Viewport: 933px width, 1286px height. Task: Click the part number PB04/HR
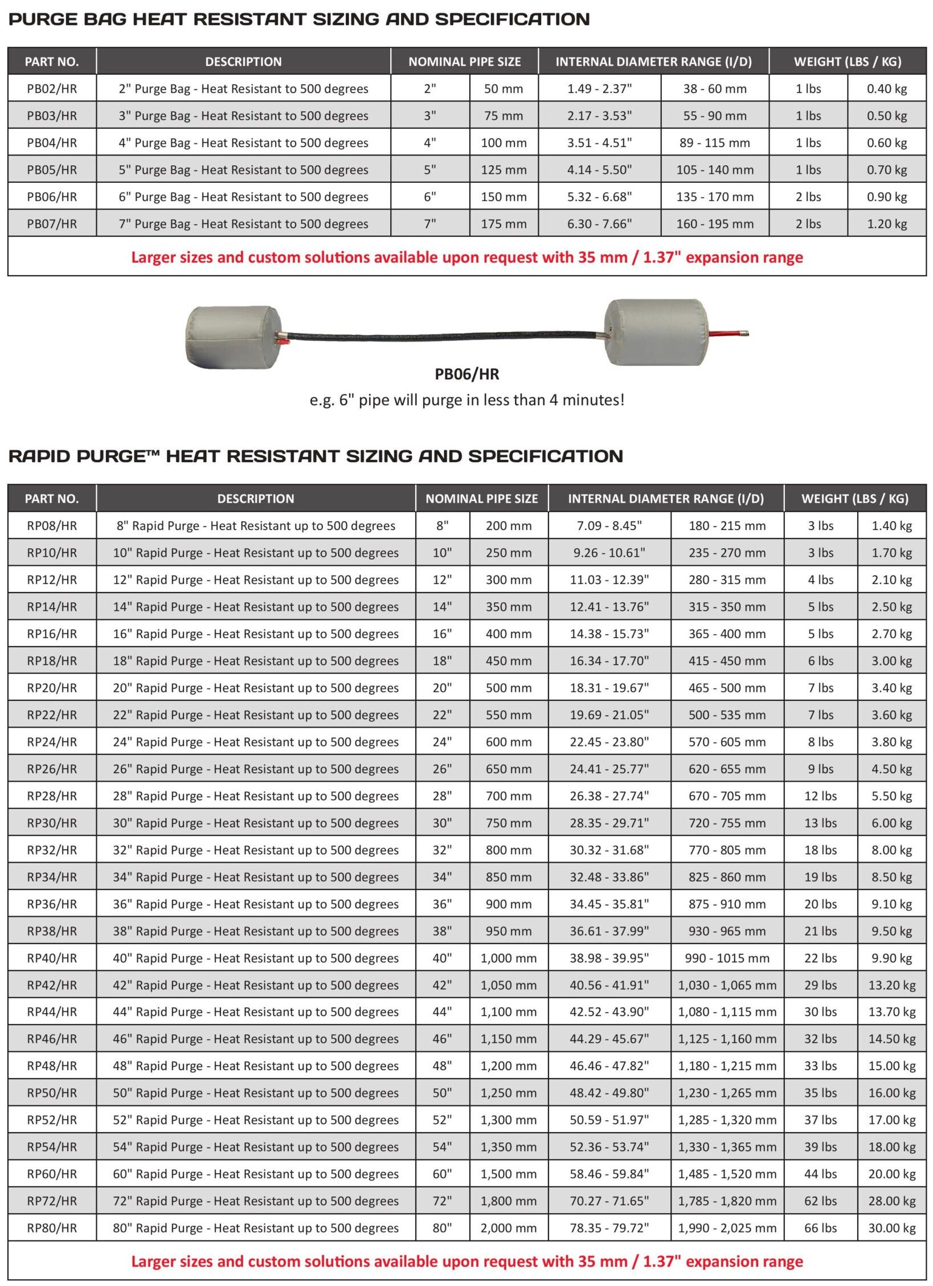pyautogui.click(x=52, y=143)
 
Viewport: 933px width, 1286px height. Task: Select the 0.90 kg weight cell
pyautogui.click(x=886, y=197)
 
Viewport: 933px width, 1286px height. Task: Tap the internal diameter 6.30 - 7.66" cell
pyautogui.click(x=599, y=224)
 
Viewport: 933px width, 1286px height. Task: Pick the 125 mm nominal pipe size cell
pyautogui.click(x=504, y=170)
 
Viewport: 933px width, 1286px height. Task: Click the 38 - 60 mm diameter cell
pyautogui.click(x=714, y=89)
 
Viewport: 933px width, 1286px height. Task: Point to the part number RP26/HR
pyautogui.click(x=52, y=769)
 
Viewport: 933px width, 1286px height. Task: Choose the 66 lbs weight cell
pyautogui.click(x=820, y=1228)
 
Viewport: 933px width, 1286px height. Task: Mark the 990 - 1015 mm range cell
pyautogui.click(x=727, y=958)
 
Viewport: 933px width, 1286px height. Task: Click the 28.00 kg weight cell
pyautogui.click(x=891, y=1201)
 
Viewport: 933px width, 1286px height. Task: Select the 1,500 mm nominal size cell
pyautogui.click(x=508, y=1174)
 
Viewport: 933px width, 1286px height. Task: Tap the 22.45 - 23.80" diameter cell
pyautogui.click(x=609, y=742)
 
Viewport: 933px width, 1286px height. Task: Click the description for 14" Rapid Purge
pyautogui.click(x=256, y=607)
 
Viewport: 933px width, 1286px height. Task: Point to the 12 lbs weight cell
pyautogui.click(x=820, y=796)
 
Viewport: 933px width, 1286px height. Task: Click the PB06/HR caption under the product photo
pyautogui.click(x=466, y=374)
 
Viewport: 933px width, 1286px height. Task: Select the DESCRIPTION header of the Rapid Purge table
pyautogui.click(x=256, y=499)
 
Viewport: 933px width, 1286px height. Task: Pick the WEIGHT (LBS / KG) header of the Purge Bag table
pyautogui.click(x=847, y=62)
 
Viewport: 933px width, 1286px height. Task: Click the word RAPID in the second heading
pyautogui.click(x=40, y=456)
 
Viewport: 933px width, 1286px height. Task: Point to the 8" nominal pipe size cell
pyautogui.click(x=442, y=526)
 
